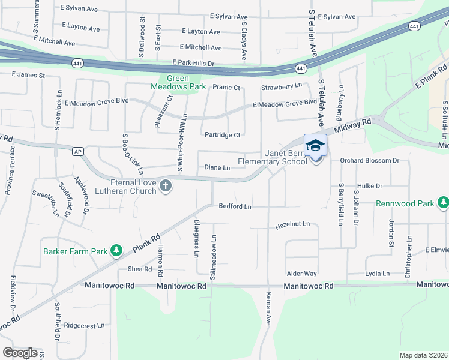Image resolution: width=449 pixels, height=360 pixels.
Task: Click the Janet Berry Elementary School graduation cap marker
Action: coord(315,146)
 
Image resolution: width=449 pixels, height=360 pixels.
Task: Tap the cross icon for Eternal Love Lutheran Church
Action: coord(166,187)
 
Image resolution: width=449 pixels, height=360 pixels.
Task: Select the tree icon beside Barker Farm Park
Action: coord(118,250)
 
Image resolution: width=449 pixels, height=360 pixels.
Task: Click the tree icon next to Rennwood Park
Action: coord(443,203)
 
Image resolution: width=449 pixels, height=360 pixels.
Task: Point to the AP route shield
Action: coord(77,151)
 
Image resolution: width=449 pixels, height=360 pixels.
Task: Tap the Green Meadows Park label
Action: coord(178,82)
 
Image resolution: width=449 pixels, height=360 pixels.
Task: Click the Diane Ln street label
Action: coord(217,167)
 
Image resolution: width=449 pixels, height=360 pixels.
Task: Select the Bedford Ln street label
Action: coord(234,206)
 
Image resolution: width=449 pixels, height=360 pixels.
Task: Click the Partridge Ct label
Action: coord(222,135)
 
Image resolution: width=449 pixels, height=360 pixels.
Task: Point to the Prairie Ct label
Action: coord(227,88)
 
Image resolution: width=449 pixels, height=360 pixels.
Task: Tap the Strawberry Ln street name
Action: coord(282,87)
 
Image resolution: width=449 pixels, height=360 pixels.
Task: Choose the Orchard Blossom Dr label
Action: coord(369,161)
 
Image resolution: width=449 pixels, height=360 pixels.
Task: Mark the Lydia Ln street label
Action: coord(378,274)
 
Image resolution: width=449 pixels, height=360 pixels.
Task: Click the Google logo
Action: coord(20,353)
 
